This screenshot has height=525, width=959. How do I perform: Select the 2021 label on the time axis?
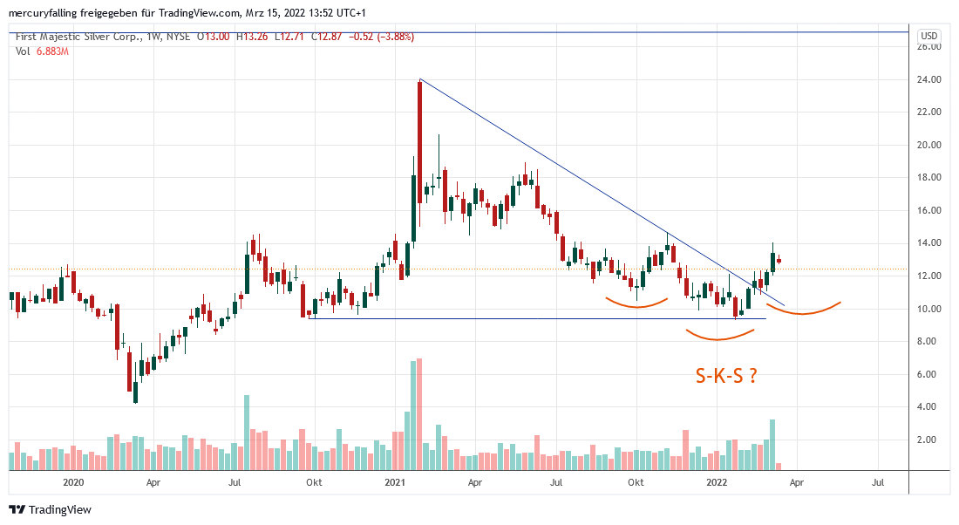(396, 481)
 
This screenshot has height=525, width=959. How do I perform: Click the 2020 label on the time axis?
(73, 481)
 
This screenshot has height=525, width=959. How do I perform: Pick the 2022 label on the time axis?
(717, 481)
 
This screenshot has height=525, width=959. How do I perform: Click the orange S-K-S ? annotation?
(725, 376)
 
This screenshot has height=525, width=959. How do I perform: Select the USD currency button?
(929, 36)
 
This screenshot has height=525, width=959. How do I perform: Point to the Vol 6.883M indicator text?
(42, 51)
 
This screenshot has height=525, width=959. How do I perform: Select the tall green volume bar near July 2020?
(247, 433)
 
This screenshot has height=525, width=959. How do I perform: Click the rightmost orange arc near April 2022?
(803, 310)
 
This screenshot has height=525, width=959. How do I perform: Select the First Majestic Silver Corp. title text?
(73, 37)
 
